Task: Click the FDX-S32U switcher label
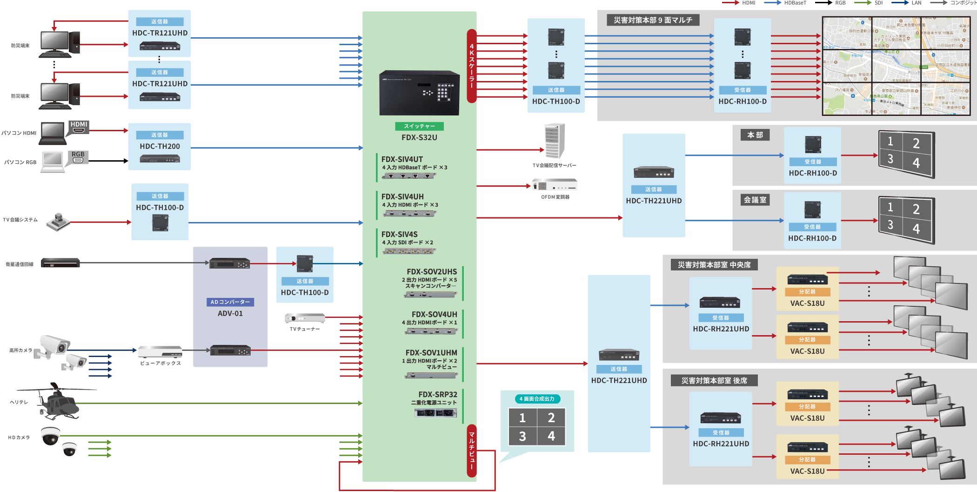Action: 419,137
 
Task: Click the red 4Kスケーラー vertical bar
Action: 471,66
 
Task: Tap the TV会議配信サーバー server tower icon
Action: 555,141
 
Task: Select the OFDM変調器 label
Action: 555,197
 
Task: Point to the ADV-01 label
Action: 230,313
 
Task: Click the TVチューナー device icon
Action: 305,318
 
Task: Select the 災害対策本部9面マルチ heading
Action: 653,20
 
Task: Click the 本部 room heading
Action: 755,135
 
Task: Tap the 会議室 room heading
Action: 755,200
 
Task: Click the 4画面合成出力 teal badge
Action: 537,399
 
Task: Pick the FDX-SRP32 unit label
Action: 437,394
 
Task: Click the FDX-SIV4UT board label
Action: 402,159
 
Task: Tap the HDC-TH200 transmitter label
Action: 160,146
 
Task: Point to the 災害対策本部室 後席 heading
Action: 714,381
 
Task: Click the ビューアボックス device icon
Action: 160,351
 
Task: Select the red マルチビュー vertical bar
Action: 471,451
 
